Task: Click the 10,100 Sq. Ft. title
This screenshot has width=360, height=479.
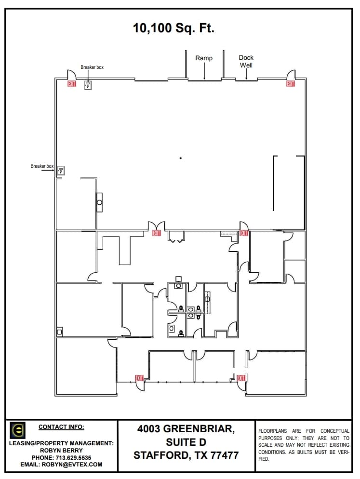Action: (x=173, y=28)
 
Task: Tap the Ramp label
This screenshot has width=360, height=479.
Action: (x=204, y=58)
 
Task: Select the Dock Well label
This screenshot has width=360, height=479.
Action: (x=246, y=61)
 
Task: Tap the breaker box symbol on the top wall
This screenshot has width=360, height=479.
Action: (x=88, y=85)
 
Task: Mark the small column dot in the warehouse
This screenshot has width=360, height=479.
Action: (x=181, y=158)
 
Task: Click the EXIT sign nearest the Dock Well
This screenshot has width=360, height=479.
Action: (x=291, y=84)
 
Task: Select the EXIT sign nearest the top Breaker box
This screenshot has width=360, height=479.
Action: (x=72, y=84)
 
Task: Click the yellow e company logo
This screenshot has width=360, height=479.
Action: (x=18, y=430)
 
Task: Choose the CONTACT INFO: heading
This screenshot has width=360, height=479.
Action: (x=61, y=426)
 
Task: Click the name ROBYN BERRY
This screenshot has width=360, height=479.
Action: (x=61, y=451)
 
